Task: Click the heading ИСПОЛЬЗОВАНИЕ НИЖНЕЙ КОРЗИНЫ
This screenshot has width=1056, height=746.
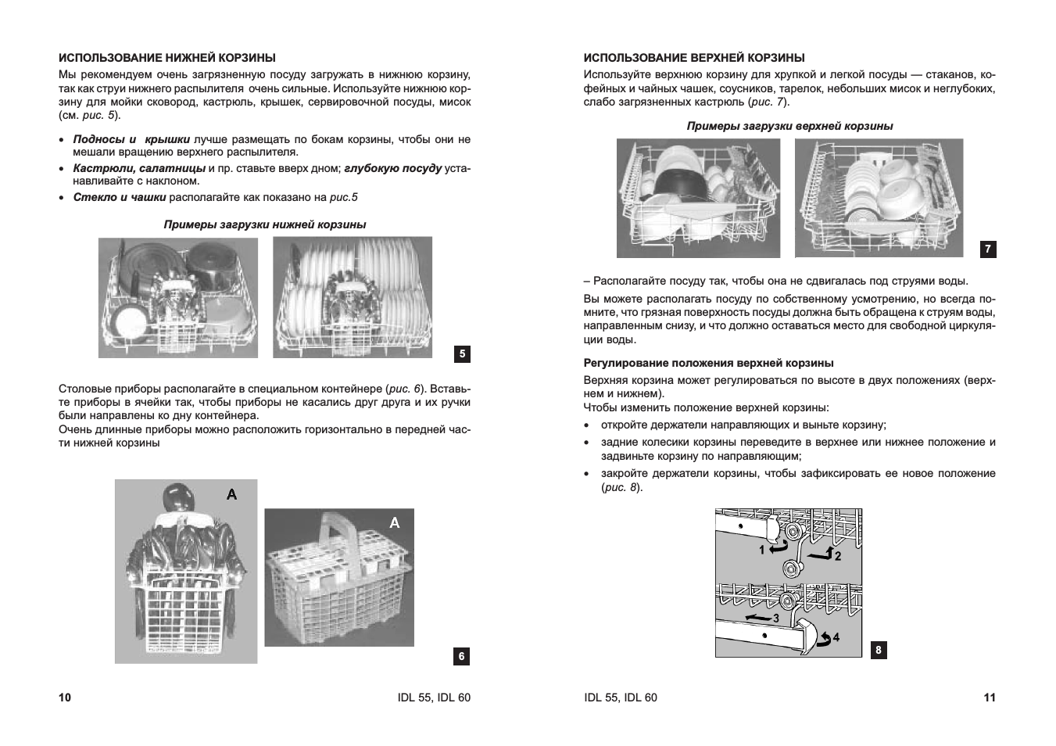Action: (x=167, y=58)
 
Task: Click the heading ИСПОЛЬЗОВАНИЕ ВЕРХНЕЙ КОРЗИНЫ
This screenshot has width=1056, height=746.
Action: (x=694, y=58)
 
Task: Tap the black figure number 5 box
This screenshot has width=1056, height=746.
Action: (x=462, y=354)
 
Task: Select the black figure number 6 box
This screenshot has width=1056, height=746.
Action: (x=461, y=656)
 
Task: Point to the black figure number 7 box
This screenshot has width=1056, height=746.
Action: (x=988, y=249)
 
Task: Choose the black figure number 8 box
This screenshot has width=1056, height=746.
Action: (x=879, y=650)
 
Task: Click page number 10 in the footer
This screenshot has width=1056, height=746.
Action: (x=65, y=698)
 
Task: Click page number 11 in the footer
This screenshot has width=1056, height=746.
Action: (x=990, y=698)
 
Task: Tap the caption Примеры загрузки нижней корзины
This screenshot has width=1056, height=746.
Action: (x=265, y=224)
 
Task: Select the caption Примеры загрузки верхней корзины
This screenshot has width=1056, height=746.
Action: (x=789, y=126)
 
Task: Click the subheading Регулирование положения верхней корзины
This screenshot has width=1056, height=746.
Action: (x=708, y=363)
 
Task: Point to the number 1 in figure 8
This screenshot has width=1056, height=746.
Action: (x=762, y=550)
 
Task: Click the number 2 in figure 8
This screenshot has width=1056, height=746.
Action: (x=838, y=556)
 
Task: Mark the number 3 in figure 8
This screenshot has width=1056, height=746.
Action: (x=776, y=619)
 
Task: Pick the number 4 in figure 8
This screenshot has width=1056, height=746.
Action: (x=836, y=637)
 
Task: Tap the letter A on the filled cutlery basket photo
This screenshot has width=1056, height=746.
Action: (x=231, y=494)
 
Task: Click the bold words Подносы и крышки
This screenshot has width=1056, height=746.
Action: (x=131, y=139)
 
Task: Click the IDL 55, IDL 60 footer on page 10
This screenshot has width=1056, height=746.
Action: (x=434, y=698)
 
